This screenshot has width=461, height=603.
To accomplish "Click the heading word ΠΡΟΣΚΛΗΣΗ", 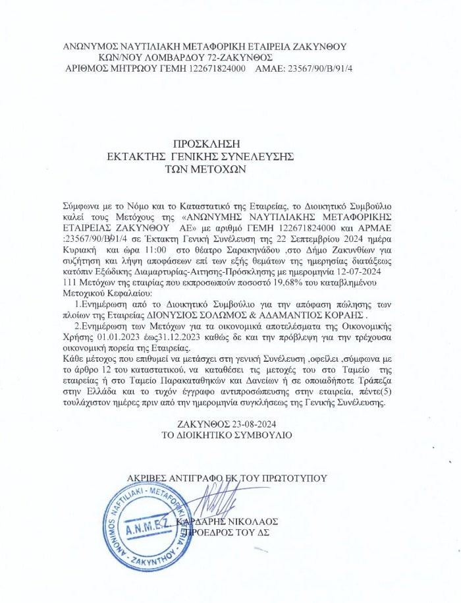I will tap(205, 143).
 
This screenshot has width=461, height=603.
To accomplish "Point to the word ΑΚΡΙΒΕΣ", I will tap(149, 477).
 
